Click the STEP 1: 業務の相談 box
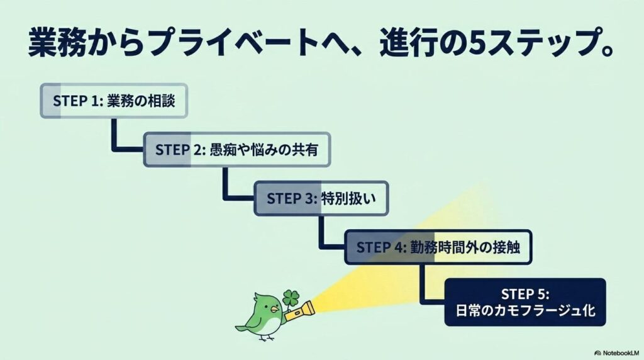coord(114,101)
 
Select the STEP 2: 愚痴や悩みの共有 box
coord(236,150)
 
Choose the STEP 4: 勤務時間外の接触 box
coord(438,246)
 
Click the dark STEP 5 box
coord(525,302)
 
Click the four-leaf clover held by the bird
coord(291,296)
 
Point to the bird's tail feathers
coord(242,327)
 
